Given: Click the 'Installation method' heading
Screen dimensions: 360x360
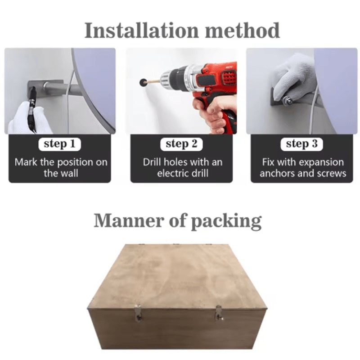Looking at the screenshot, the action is [182, 30].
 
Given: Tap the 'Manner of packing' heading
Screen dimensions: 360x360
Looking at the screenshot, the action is [177, 220].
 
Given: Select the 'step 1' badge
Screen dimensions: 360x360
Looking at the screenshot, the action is [60, 144].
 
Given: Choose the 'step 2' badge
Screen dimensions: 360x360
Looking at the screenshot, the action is [181, 144].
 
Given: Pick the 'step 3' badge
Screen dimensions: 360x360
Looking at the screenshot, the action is [301, 144].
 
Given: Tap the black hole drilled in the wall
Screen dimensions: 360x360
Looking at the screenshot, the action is [143, 82].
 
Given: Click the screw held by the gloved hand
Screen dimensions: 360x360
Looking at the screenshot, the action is [288, 100].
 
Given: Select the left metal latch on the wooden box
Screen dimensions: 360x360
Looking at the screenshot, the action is [138, 313].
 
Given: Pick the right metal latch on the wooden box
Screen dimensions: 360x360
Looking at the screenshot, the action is [219, 313].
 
